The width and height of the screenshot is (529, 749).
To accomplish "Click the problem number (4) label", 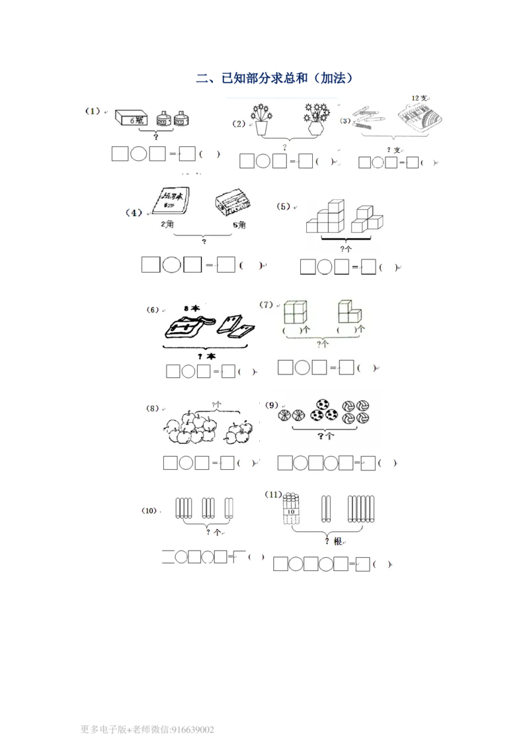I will (134, 213).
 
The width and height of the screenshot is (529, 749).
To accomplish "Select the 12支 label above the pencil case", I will (419, 98).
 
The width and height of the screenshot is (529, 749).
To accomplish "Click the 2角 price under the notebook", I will (167, 225).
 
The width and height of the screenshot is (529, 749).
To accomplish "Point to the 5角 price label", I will (239, 225).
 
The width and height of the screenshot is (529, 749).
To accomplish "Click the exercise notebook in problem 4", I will (171, 200).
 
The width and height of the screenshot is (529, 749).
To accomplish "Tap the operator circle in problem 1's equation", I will (138, 154).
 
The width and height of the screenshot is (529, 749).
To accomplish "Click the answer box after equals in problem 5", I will (369, 267).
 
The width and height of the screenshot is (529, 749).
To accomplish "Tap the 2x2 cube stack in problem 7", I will (295, 312).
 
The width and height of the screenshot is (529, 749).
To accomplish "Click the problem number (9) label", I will (271, 405).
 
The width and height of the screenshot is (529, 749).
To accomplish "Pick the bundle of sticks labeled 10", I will (291, 510).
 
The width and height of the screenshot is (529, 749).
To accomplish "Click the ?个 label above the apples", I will (217, 404).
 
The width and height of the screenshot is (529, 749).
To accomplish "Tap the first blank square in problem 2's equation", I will (247, 161).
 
